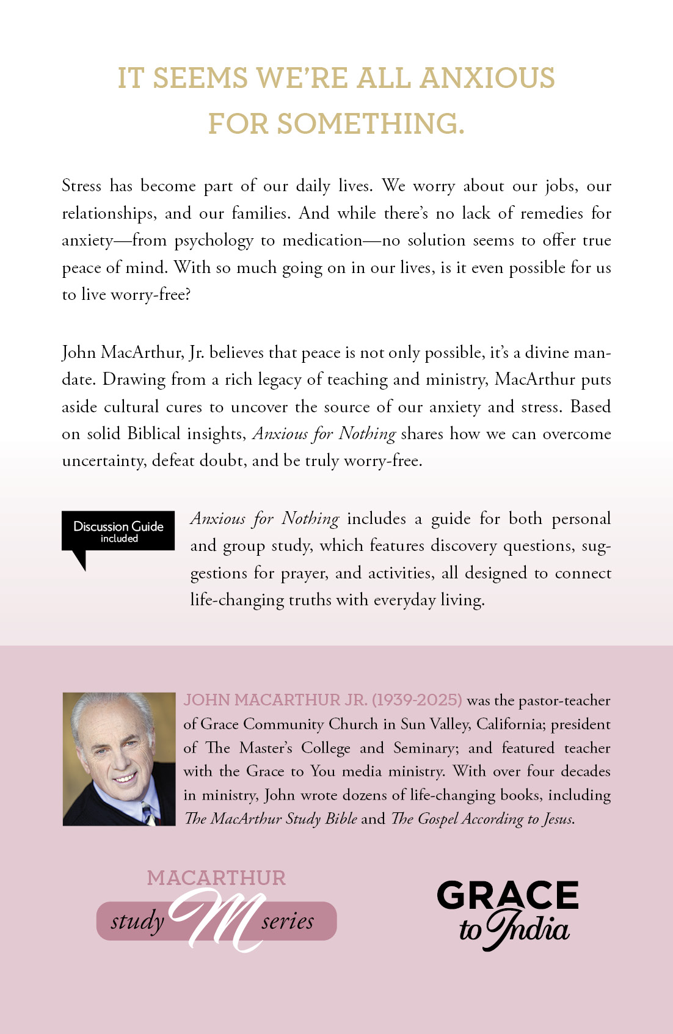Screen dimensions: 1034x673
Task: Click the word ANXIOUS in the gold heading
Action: (x=487, y=78)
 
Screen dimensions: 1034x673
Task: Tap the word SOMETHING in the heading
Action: (x=371, y=124)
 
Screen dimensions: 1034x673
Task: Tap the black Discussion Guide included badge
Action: (x=118, y=531)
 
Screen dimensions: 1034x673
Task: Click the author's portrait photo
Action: (x=119, y=759)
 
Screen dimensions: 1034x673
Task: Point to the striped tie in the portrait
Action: (x=148, y=813)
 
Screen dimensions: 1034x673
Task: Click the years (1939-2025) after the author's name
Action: (x=417, y=700)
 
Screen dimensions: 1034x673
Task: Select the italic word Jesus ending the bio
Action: (x=558, y=819)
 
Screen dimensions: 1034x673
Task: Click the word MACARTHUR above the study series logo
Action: (x=216, y=878)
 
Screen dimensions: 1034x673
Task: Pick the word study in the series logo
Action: (x=137, y=920)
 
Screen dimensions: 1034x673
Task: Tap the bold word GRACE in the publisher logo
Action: (x=507, y=895)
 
